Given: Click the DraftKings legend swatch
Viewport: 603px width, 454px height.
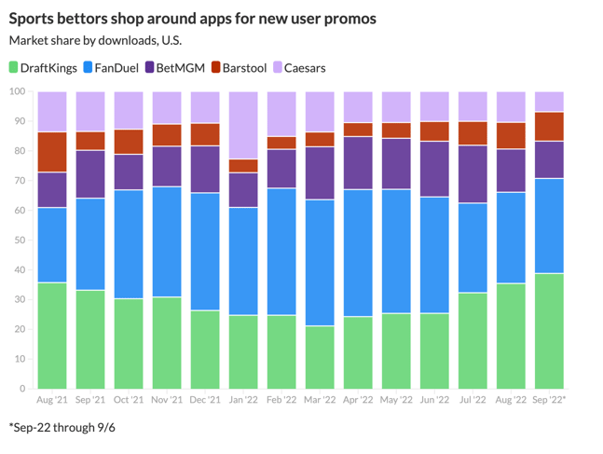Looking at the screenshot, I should (x=14, y=67).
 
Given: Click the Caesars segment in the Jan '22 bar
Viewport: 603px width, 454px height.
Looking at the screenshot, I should (x=243, y=125).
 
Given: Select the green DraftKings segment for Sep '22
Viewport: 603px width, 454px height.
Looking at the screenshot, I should (x=550, y=331).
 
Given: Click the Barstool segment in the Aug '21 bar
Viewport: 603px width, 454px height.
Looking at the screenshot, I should (x=52, y=152).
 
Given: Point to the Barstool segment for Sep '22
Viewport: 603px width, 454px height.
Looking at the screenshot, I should (x=550, y=126).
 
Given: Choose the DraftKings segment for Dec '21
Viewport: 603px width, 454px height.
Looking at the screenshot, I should (x=205, y=350).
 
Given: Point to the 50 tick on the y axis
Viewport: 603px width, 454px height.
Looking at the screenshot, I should (x=17, y=241).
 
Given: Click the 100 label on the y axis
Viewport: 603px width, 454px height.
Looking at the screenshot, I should (x=15, y=91).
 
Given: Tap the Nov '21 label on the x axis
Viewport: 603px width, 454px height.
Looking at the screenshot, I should (x=167, y=400).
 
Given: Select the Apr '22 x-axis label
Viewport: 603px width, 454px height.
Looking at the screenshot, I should (x=358, y=400).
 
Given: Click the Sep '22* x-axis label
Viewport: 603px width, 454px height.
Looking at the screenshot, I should (x=550, y=400).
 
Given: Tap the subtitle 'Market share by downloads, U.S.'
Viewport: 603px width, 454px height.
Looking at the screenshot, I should (x=95, y=40).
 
